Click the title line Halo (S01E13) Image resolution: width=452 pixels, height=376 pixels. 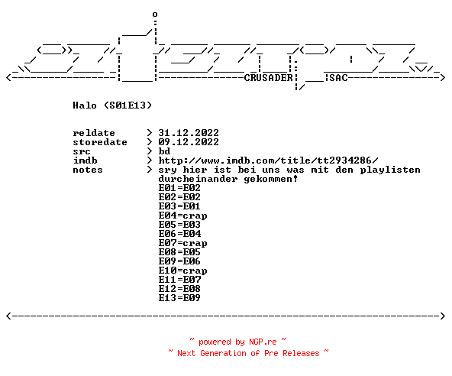tap(112, 105)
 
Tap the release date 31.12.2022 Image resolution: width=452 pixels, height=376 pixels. tap(189, 133)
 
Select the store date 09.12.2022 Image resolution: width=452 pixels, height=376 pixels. tap(189, 142)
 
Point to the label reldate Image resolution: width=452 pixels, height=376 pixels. tap(94, 133)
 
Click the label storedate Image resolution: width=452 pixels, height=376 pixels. tap(100, 142)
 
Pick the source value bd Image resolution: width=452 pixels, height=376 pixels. tap(164, 151)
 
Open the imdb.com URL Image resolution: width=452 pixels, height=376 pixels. tap(269, 160)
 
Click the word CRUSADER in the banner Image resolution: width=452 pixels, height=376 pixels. tap(269, 78)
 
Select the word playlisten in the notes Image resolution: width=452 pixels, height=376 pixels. tap(390, 170)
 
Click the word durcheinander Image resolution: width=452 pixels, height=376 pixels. tap(198, 179)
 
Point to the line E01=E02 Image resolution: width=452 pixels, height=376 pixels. tap(179, 188)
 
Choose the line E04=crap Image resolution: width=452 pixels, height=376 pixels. tap(182, 216)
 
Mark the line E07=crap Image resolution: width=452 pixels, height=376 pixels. tap(182, 244)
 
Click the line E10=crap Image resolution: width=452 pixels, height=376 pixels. tap(182, 271)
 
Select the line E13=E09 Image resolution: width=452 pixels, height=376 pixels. tap(179, 298)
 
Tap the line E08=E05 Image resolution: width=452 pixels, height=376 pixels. tap(179, 252)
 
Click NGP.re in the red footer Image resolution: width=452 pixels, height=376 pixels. tap(263, 342)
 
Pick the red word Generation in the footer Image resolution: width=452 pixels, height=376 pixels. tap(223, 353)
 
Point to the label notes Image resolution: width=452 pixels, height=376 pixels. tap(88, 170)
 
